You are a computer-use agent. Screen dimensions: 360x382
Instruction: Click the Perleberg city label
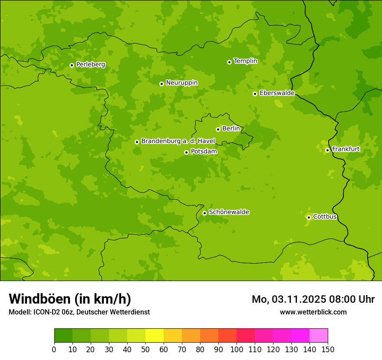tap(90, 65)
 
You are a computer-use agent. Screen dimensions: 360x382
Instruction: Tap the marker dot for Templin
tap(229, 62)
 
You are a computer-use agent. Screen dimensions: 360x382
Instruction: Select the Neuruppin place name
tap(181, 83)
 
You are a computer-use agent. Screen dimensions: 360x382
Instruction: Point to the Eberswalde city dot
tap(255, 94)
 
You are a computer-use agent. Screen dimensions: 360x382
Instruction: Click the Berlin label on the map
tap(231, 129)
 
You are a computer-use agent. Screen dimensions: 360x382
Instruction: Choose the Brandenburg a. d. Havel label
tap(178, 141)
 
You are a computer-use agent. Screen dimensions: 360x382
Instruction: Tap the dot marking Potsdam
tap(186, 152)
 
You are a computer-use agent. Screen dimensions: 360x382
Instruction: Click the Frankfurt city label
tap(346, 150)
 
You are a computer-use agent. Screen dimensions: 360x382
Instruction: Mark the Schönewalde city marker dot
tap(204, 213)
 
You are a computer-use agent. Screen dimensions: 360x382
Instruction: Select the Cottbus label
tap(325, 217)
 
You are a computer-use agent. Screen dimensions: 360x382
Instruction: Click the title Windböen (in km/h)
tap(70, 299)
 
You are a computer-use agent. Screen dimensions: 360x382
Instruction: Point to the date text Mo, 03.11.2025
tap(282, 299)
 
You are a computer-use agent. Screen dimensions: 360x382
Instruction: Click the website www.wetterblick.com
tap(313, 312)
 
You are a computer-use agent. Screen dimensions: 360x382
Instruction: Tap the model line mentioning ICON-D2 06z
tap(79, 312)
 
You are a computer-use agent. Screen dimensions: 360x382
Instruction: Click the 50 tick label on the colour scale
tap(145, 350)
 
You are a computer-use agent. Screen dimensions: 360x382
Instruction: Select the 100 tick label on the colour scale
tap(237, 350)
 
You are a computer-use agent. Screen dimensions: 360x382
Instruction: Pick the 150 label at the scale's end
tap(328, 350)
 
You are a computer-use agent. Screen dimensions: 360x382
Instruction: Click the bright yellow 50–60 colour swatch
tap(155, 336)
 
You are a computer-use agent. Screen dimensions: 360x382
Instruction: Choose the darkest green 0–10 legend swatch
tap(63, 336)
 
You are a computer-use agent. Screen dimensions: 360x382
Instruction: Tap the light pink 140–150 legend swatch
tap(319, 336)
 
